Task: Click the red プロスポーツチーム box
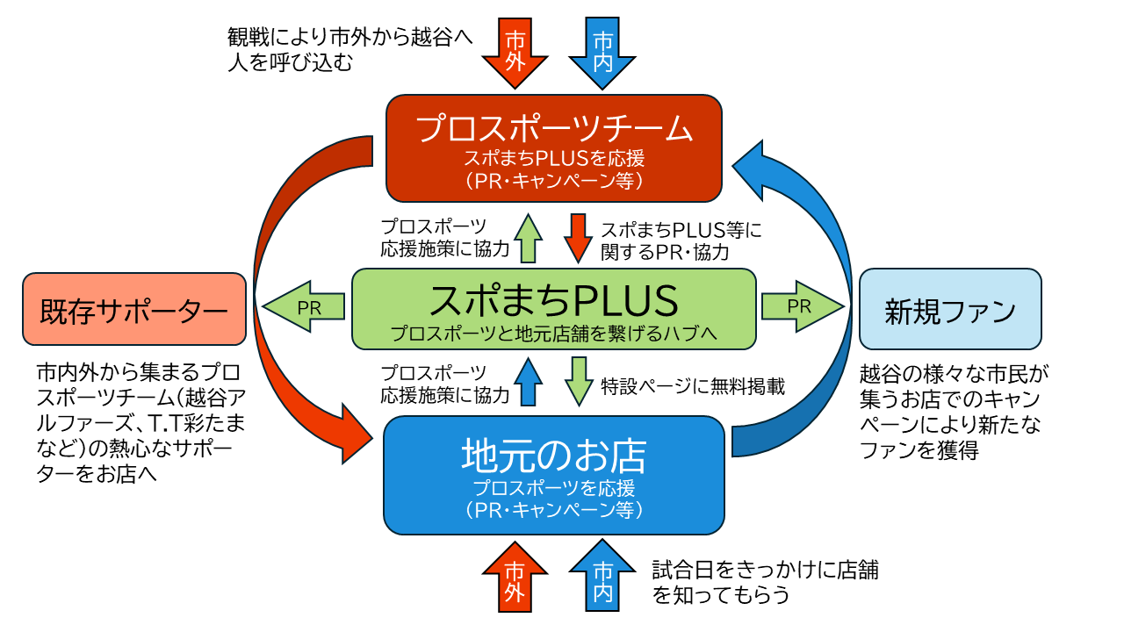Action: point(554,148)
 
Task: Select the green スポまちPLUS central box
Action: point(554,309)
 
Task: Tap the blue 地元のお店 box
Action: point(554,475)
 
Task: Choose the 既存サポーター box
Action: point(134,309)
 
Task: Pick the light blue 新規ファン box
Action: point(950,309)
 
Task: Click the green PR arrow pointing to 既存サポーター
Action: point(304,306)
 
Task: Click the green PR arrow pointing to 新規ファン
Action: point(803,306)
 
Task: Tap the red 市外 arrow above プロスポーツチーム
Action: point(515,54)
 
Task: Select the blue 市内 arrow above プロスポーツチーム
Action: point(602,54)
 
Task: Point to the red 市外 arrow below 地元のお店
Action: point(515,577)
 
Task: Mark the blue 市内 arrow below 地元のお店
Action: point(602,576)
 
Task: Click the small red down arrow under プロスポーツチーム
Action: point(578,238)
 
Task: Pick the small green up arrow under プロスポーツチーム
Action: point(529,238)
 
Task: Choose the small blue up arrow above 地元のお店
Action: point(529,381)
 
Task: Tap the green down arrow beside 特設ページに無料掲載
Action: point(579,381)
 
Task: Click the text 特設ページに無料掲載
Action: point(693,386)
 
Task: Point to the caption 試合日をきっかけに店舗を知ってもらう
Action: point(765,582)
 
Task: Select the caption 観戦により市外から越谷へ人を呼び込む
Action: point(350,50)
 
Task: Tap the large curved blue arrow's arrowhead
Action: point(749,169)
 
